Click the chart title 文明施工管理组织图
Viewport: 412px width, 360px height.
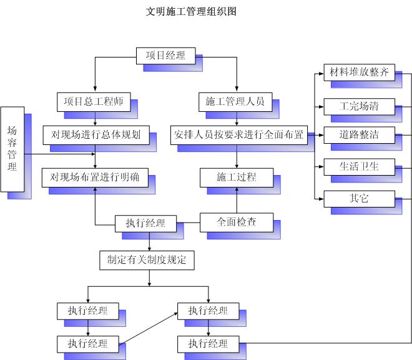(x=191, y=12)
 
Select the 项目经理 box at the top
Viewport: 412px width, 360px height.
(x=166, y=56)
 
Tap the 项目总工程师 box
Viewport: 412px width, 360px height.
(x=94, y=102)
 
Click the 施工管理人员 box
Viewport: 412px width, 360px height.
(x=235, y=102)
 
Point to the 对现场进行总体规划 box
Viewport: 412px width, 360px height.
(x=96, y=135)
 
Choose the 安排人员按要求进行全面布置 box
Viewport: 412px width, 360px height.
(x=239, y=135)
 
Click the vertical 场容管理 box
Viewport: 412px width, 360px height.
(x=12, y=149)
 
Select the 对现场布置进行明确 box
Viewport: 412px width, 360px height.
(x=95, y=177)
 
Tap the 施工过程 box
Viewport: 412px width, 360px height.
(x=237, y=177)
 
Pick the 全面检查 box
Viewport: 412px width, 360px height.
(x=237, y=222)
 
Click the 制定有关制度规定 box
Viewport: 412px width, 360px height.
(x=147, y=260)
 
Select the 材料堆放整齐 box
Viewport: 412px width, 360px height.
(x=359, y=72)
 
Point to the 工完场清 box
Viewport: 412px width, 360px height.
(x=359, y=107)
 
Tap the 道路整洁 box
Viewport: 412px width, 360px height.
(x=359, y=135)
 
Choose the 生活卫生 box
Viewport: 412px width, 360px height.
(x=359, y=167)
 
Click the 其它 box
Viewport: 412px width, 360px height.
(x=359, y=199)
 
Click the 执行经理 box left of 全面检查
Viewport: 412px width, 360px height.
(x=145, y=224)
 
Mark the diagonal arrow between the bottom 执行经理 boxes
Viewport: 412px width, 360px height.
(x=148, y=328)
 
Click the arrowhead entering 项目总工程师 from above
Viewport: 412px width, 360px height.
(x=95, y=89)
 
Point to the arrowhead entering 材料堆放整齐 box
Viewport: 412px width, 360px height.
(x=321, y=74)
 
